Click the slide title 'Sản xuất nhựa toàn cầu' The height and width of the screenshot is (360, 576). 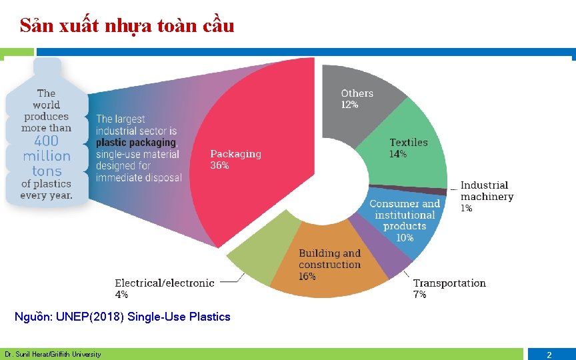[127, 26]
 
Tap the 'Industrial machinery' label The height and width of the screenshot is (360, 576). [487, 191]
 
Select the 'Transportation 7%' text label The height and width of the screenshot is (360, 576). [449, 288]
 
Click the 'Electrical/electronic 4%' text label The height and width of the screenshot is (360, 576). [164, 288]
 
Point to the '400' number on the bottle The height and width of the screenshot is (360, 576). [46, 141]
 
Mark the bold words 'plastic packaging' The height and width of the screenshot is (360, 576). [135, 143]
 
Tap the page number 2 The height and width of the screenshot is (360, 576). [549, 355]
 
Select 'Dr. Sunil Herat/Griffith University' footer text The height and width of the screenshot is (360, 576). [53, 354]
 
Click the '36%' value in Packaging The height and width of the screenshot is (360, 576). [219, 166]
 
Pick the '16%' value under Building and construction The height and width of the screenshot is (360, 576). [307, 276]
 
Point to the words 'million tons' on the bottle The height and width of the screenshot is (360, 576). [46, 163]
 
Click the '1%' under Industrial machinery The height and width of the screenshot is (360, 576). [467, 208]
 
